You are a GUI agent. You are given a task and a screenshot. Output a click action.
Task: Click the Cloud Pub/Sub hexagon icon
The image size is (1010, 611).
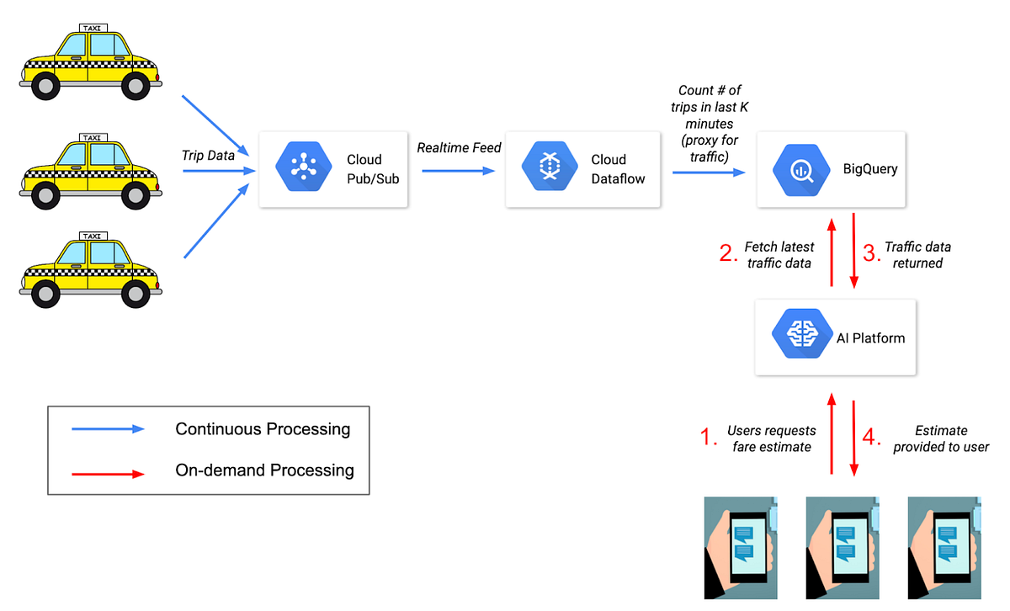pyautogui.click(x=300, y=169)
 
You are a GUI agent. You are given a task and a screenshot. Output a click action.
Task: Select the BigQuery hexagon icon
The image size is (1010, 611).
pyautogui.click(x=797, y=169)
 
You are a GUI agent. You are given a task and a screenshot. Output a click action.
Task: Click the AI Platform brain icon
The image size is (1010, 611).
pyautogui.click(x=796, y=337)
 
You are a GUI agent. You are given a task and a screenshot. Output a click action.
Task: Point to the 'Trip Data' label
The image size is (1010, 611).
pyautogui.click(x=207, y=156)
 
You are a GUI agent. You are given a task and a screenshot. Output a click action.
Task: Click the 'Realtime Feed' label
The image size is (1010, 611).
pyautogui.click(x=459, y=148)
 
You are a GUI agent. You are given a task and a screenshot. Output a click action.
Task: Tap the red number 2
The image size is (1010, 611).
pyautogui.click(x=728, y=254)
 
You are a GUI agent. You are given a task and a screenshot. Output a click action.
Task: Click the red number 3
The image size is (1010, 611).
pyautogui.click(x=870, y=252)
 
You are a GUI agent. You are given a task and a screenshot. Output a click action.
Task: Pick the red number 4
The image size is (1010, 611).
pyautogui.click(x=873, y=438)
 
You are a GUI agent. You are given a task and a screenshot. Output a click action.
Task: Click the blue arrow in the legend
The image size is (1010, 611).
pyautogui.click(x=109, y=428)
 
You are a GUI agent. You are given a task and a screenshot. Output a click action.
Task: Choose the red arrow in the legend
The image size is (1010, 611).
pyautogui.click(x=109, y=473)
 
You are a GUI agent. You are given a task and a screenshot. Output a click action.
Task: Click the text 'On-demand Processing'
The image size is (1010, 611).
pyautogui.click(x=264, y=470)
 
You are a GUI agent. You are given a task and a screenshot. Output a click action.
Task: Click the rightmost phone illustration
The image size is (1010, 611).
pyautogui.click(x=942, y=547)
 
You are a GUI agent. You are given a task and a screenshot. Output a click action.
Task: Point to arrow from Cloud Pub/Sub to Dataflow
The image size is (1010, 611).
pyautogui.click(x=458, y=171)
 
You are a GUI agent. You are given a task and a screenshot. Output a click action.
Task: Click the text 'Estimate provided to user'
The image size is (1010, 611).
pyautogui.click(x=941, y=438)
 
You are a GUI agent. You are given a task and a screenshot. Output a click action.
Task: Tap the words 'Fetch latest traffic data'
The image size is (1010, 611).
pyautogui.click(x=779, y=255)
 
